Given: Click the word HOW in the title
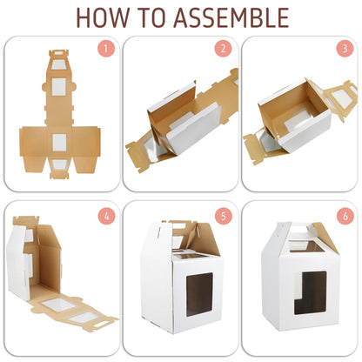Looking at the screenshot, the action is tap(103, 17).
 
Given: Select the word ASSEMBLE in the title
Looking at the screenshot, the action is tap(231, 17).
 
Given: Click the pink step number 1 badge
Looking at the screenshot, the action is tap(106, 49).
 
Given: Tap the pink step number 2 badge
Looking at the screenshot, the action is tap(223, 49).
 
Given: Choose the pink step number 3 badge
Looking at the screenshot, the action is tap(345, 49).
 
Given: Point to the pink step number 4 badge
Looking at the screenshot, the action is tap(106, 216).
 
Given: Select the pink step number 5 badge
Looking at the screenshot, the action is tap(224, 216).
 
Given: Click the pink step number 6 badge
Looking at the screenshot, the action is tap(345, 216).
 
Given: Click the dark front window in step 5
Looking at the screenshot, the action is tap(199, 294).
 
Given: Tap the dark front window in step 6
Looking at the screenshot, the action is tap(311, 293).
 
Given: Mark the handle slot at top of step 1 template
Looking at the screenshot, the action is tap(59, 53).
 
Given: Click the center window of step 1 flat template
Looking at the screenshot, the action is tap(59, 143).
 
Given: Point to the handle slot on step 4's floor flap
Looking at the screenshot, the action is tap(100, 325).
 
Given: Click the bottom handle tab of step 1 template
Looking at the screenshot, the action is tap(59, 175).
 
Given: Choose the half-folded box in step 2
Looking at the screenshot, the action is tap(181, 120).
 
